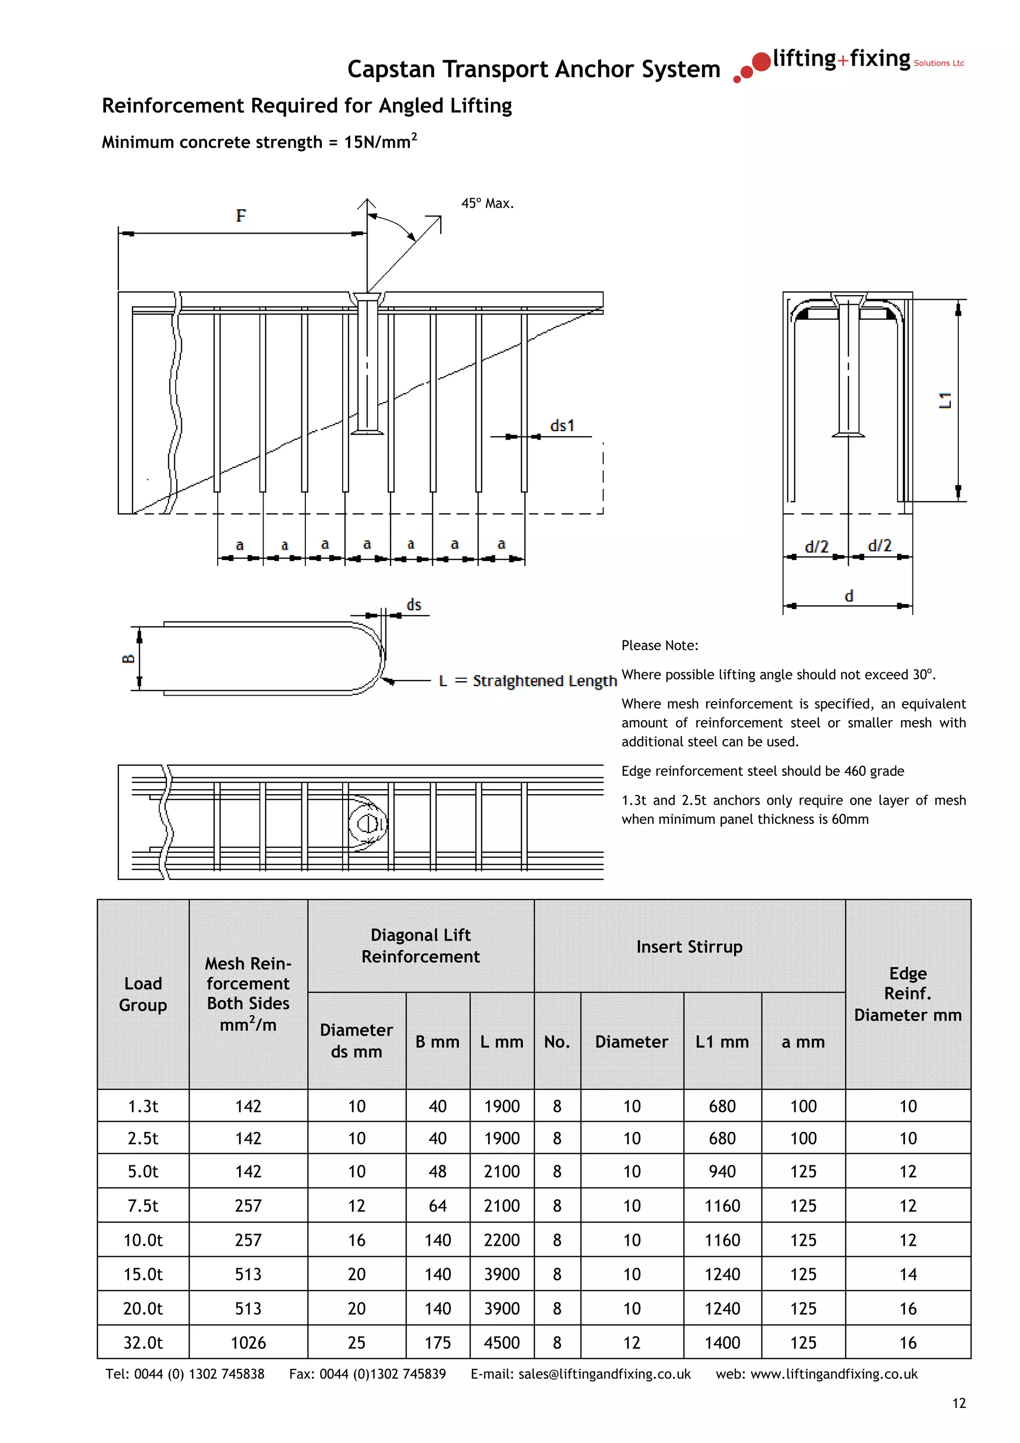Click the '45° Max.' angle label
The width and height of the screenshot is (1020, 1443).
487,203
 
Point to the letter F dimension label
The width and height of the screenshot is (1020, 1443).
241,216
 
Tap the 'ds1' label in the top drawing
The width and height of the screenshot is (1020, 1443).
562,426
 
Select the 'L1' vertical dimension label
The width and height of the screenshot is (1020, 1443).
945,400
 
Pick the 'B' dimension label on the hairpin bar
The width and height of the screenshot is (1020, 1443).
128,658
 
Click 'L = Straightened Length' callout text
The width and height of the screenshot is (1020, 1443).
527,681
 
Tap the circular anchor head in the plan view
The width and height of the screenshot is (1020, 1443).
367,823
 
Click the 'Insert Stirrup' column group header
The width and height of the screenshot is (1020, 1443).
689,947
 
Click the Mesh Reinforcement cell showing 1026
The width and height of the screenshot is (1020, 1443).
248,1342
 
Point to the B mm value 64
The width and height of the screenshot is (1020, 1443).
437,1205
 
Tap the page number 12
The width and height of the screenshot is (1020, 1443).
958,1403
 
